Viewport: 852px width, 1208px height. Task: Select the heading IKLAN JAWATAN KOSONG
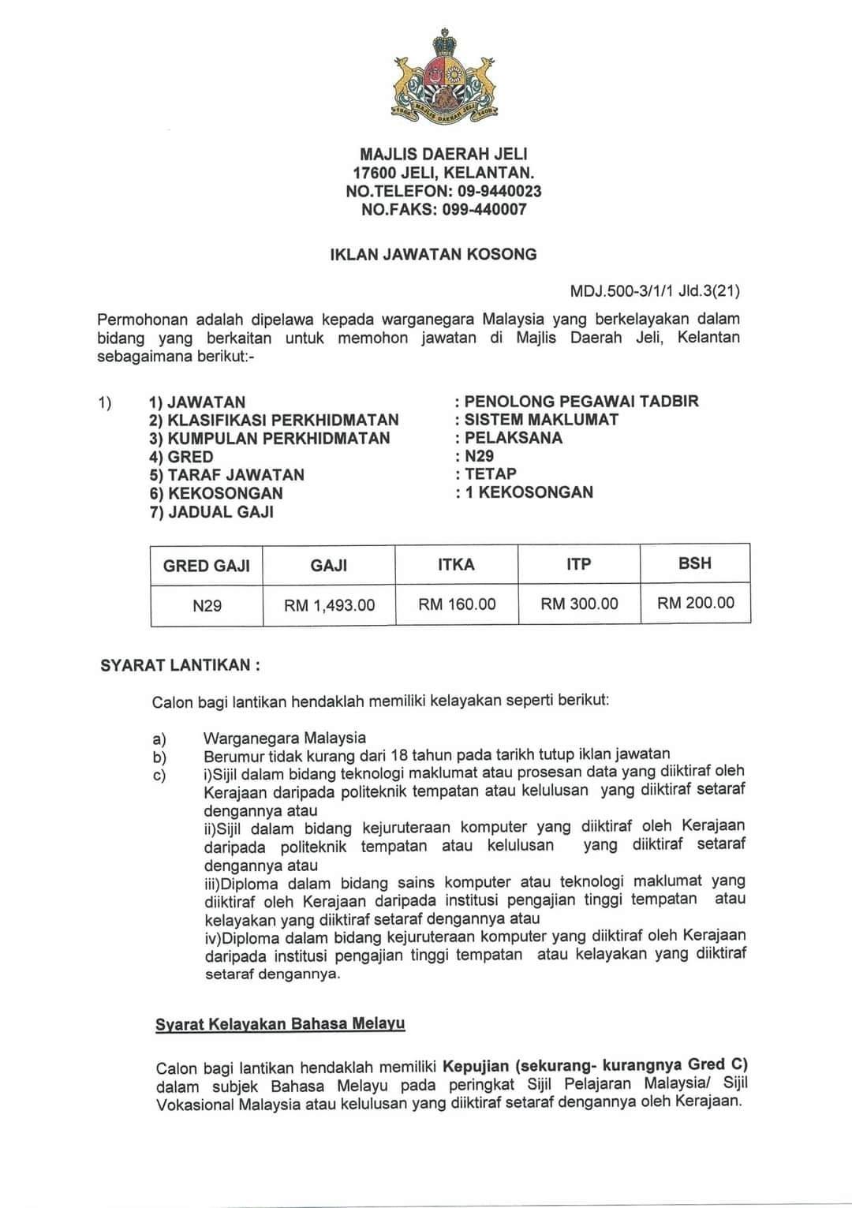pos(433,254)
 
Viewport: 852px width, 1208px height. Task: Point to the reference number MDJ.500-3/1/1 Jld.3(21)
pos(655,291)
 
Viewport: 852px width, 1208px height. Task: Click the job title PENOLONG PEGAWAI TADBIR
pos(581,401)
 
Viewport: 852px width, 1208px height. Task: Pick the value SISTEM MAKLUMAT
pos(541,419)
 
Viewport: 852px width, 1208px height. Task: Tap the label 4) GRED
pos(181,457)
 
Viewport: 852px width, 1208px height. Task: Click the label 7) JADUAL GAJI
pos(211,511)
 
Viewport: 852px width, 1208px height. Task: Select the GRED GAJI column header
pos(207,566)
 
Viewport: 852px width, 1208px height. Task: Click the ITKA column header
pos(456,565)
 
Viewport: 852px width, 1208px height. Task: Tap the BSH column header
pos(694,563)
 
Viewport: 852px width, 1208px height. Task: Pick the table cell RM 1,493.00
pos(330,606)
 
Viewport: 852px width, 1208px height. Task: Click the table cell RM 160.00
pos(457,604)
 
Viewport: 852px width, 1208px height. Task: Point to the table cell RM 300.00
pos(579,604)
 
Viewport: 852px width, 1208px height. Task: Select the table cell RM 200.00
pos(695,604)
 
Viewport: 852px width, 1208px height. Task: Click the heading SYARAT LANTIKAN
pos(180,665)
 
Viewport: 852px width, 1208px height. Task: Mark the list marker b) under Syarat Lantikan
pos(160,757)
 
